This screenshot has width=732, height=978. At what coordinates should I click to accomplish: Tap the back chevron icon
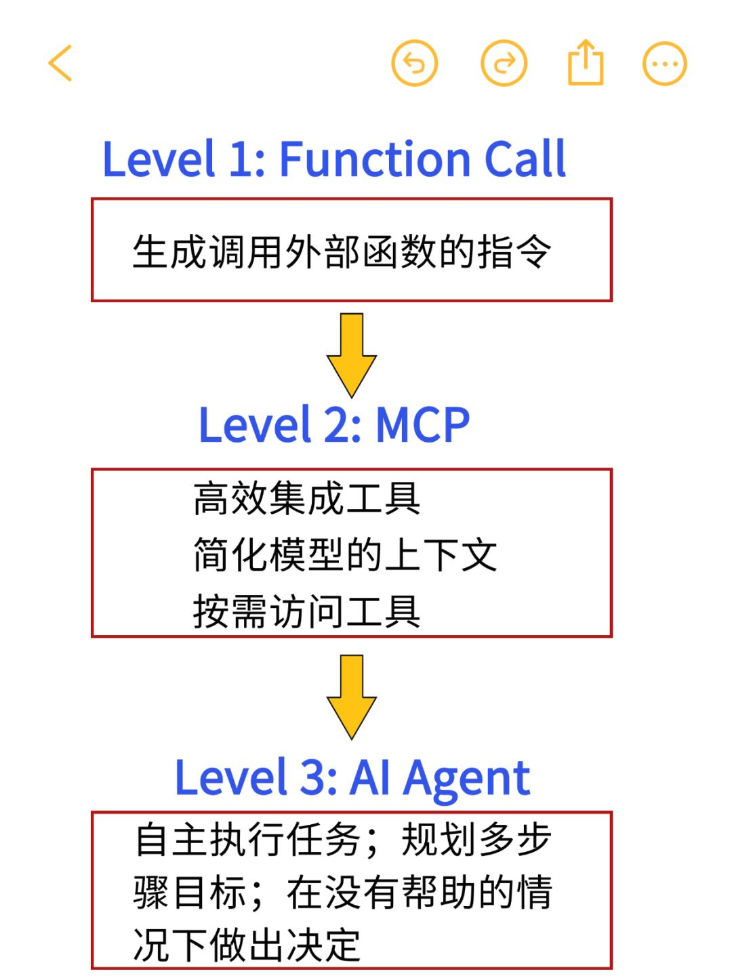(x=60, y=64)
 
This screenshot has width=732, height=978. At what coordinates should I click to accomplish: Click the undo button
(x=414, y=64)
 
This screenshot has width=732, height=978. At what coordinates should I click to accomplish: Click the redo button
(x=504, y=64)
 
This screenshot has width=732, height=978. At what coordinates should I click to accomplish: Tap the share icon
(x=585, y=63)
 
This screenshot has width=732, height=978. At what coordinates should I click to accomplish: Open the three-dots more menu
(x=664, y=64)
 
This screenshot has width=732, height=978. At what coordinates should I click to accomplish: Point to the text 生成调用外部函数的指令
(x=342, y=252)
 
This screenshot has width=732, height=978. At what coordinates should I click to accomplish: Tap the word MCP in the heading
(x=422, y=426)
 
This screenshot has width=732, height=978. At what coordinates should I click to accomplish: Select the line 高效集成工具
(x=306, y=498)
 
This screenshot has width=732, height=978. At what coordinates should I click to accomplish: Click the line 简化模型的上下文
(x=345, y=555)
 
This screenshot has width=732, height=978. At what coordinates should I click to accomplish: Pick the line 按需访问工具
(x=306, y=611)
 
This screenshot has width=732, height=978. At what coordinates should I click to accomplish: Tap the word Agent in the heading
(x=466, y=778)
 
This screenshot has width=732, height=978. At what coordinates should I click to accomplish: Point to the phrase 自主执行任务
(x=247, y=840)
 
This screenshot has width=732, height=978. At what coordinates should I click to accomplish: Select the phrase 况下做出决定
(x=247, y=945)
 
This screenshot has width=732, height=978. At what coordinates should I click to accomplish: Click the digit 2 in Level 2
(x=338, y=426)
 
